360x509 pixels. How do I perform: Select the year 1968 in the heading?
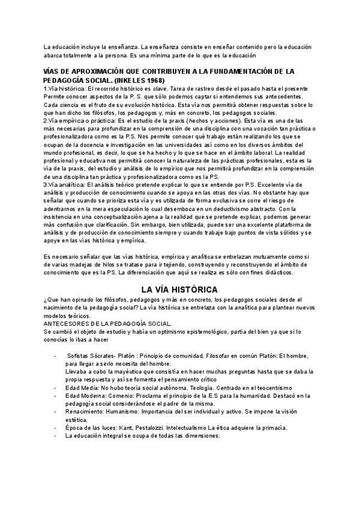pos(154,80)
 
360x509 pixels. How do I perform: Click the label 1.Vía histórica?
pos(64,89)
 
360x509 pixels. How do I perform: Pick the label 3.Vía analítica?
pos(64,185)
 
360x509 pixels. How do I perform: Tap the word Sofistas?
pos(79,355)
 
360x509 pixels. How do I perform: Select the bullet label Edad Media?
pos(83,387)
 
